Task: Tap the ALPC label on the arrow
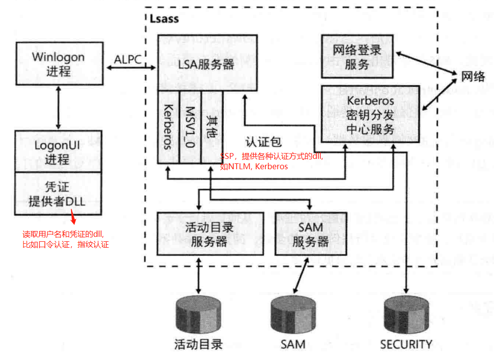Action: [x=128, y=59]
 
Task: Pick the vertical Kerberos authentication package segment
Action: [x=168, y=127]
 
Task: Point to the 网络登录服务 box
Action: [x=357, y=56]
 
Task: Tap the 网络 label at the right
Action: [x=473, y=76]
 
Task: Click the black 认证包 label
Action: [x=263, y=142]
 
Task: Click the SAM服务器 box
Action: [x=310, y=234]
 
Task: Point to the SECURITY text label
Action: [x=406, y=344]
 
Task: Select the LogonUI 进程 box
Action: [x=59, y=152]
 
